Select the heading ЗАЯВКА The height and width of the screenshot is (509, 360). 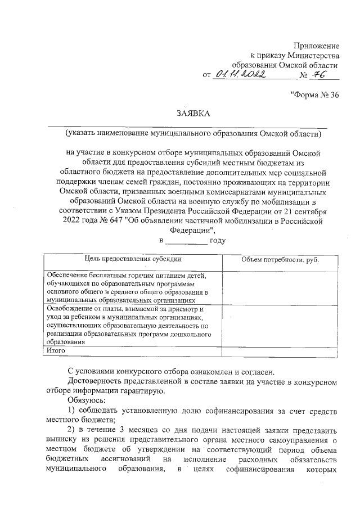(x=193, y=114)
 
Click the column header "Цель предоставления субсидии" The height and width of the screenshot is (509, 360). (x=133, y=259)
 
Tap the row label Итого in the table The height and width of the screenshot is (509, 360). (x=56, y=350)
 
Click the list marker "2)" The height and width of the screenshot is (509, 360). (x=72, y=430)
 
